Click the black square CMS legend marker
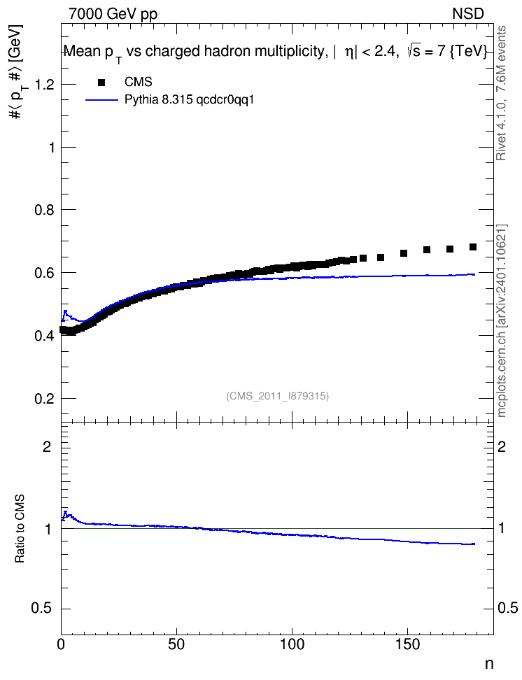pyautogui.click(x=101, y=82)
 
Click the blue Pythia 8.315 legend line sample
pyautogui.click(x=102, y=100)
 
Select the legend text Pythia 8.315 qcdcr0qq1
pyautogui.click(x=189, y=100)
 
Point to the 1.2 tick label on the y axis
pyautogui.click(x=44, y=85)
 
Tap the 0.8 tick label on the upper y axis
pyautogui.click(x=44, y=210)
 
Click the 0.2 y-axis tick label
pyautogui.click(x=44, y=399)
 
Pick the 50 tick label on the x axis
pyautogui.click(x=176, y=644)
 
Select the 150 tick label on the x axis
pyautogui.click(x=407, y=644)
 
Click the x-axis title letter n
pyautogui.click(x=489, y=664)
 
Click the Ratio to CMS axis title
pyautogui.click(x=20, y=529)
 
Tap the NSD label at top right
pyautogui.click(x=467, y=14)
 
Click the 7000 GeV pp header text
pyautogui.click(x=113, y=14)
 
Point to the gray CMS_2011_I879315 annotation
pyautogui.click(x=277, y=396)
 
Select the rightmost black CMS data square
pyautogui.click(x=473, y=247)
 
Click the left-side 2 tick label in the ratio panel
pyautogui.click(x=47, y=446)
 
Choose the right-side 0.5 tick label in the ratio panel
pyautogui.click(x=508, y=608)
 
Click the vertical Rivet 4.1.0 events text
pyautogui.click(x=501, y=93)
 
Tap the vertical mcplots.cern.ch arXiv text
pyautogui.click(x=501, y=320)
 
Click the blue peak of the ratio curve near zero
pyautogui.click(x=66, y=513)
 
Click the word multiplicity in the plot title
pyautogui.click(x=289, y=52)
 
